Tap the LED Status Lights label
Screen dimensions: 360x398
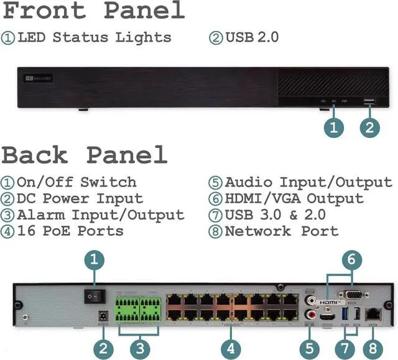pyautogui.click(x=94, y=37)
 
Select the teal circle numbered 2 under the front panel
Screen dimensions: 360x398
pyautogui.click(x=369, y=128)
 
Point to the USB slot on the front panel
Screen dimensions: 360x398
pyautogui.click(x=369, y=101)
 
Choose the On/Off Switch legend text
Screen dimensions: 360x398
pyautogui.click(x=76, y=183)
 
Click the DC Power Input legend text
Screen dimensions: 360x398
pyautogui.click(x=80, y=199)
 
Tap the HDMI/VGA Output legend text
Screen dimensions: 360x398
pyautogui.click(x=294, y=199)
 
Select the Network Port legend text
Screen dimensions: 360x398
pyautogui.click(x=281, y=231)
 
